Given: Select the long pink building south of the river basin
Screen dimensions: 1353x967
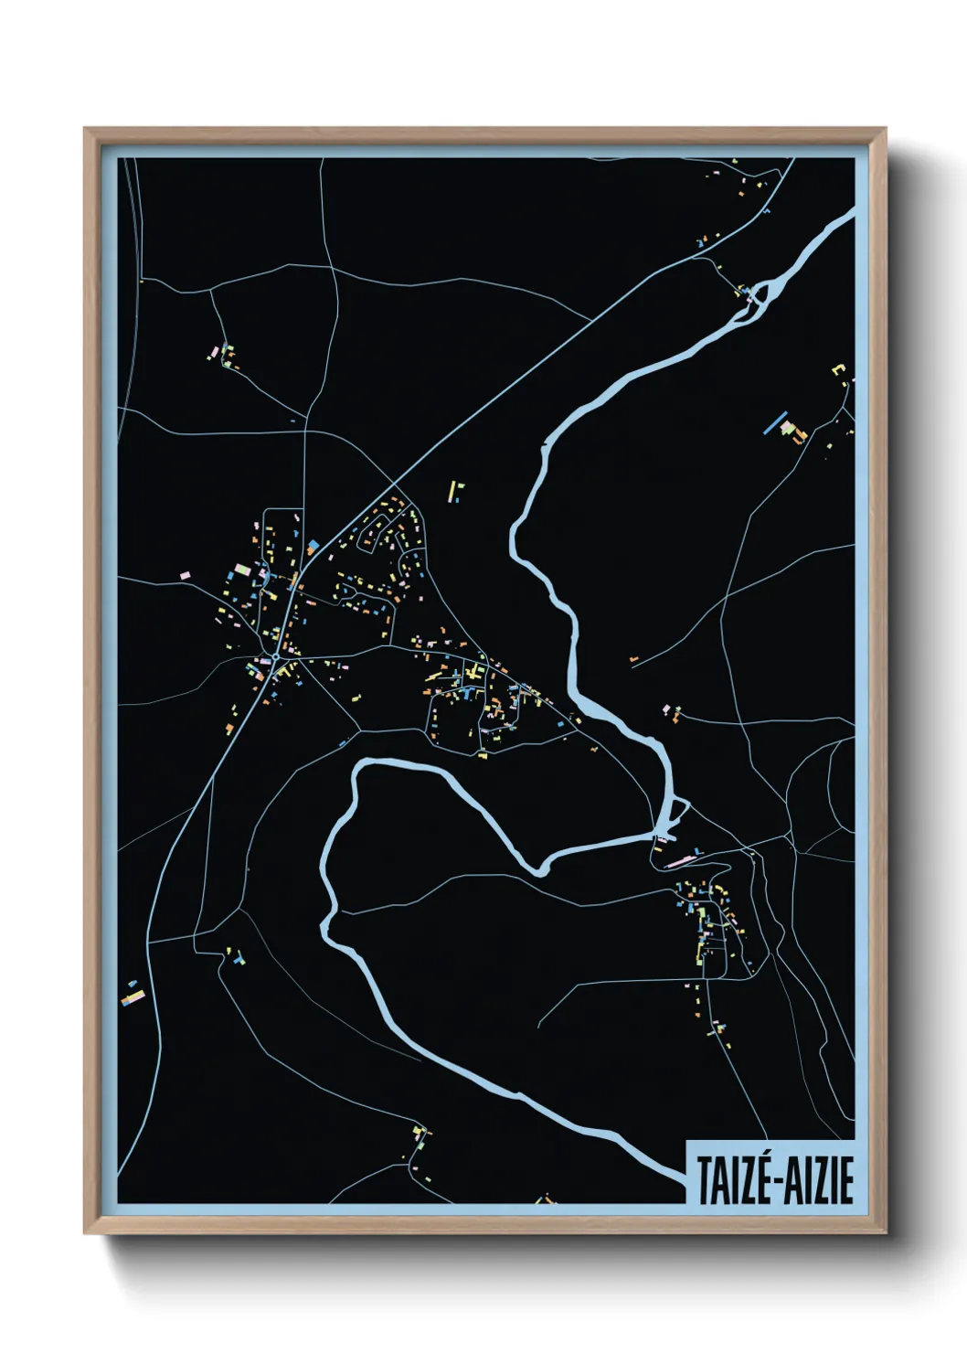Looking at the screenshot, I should point(679,860).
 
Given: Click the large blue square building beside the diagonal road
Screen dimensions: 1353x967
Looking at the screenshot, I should point(313,546).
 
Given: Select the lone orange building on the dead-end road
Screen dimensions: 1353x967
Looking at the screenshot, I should point(632,658).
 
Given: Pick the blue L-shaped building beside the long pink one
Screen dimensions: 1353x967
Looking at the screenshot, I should point(697,852).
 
